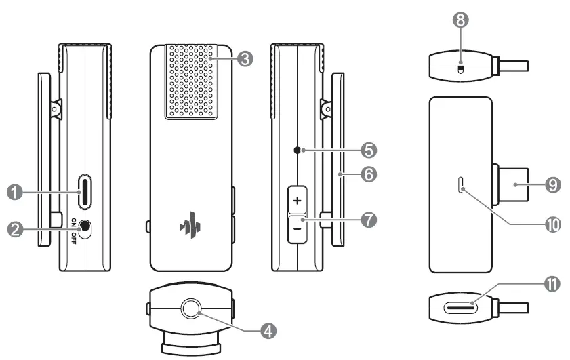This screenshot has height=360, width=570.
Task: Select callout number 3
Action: click(246, 59)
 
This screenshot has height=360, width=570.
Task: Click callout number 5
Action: click(369, 148)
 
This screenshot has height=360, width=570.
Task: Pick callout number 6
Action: click(369, 174)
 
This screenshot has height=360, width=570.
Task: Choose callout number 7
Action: click(369, 220)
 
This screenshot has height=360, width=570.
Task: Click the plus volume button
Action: click(297, 201)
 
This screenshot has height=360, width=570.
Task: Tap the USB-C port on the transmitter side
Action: click(87, 193)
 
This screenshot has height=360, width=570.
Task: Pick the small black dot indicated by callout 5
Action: click(297, 149)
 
